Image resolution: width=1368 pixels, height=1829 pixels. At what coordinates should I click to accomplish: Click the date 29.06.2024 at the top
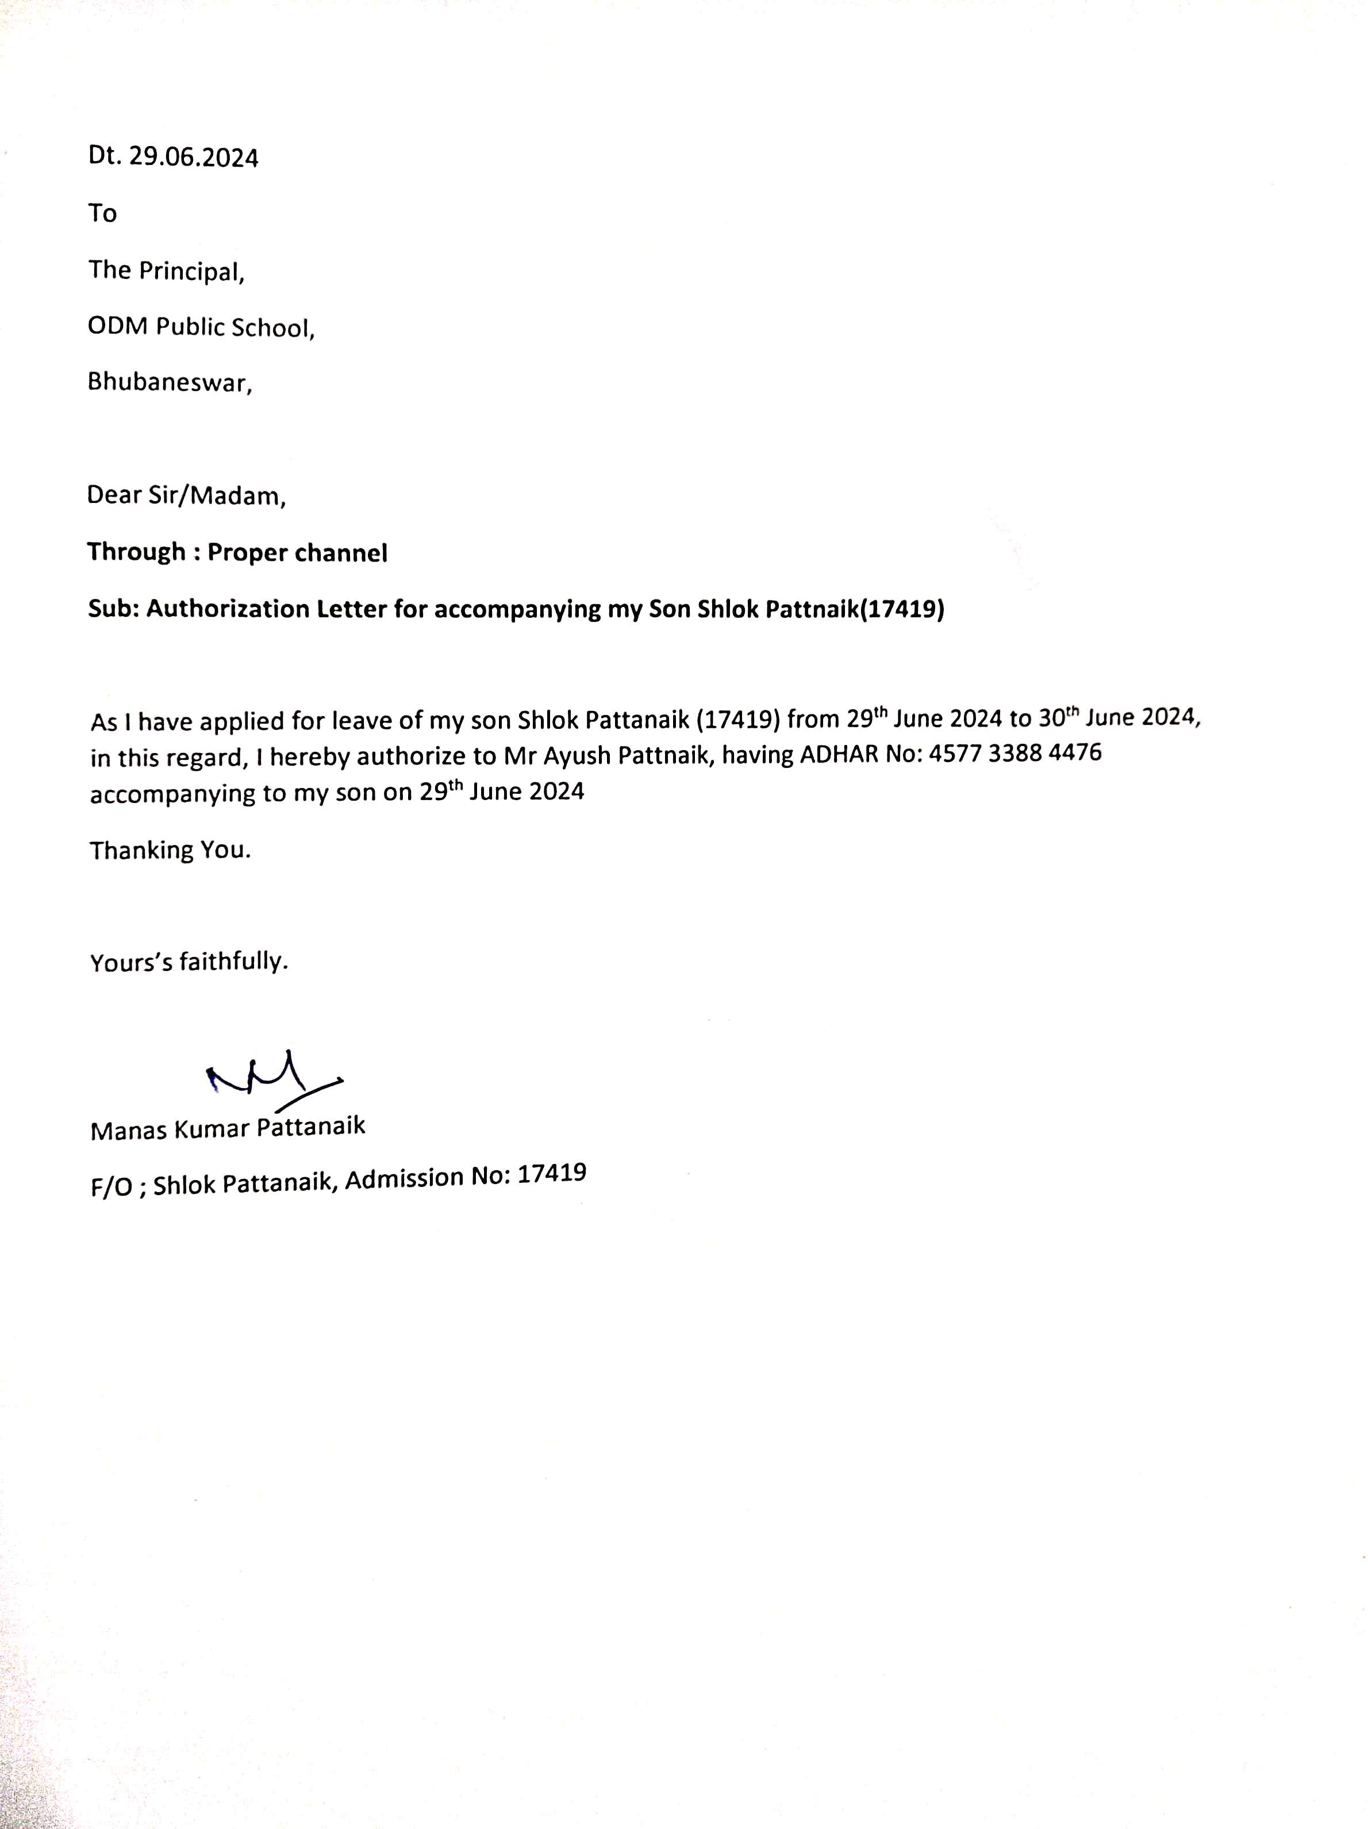(194, 157)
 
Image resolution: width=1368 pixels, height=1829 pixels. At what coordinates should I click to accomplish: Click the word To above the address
(102, 213)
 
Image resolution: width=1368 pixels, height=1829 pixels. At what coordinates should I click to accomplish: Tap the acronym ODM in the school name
(117, 326)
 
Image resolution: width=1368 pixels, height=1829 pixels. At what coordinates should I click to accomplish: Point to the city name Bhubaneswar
(169, 383)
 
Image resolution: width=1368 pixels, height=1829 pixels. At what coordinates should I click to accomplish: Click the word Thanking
(140, 850)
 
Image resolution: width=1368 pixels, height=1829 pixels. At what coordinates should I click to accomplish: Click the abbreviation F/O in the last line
(112, 1188)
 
